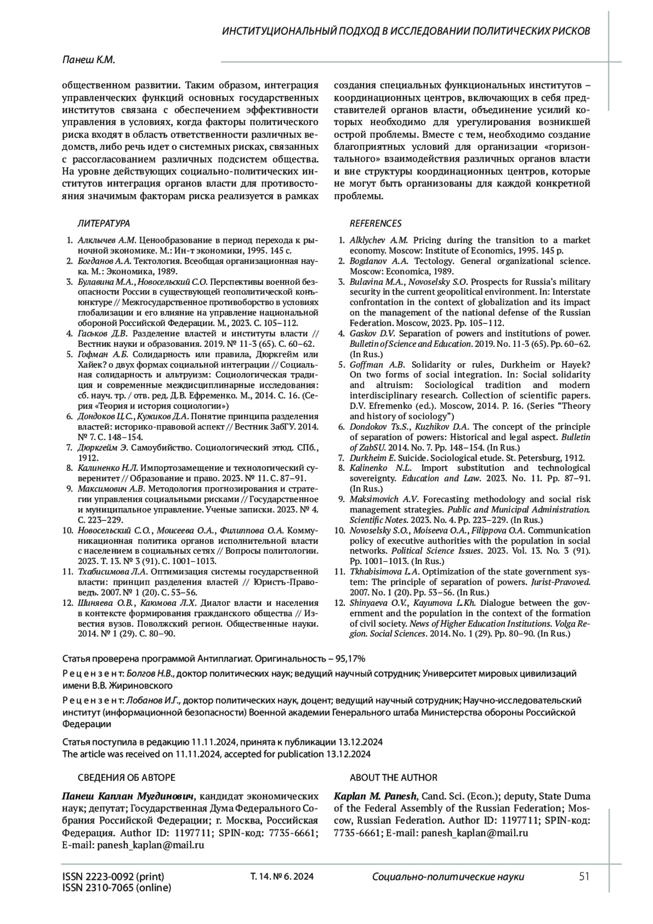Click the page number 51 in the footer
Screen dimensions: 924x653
point(584,877)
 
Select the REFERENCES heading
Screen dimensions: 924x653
point(375,223)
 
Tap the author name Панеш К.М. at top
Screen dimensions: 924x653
point(89,61)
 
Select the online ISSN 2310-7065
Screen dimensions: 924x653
point(116,888)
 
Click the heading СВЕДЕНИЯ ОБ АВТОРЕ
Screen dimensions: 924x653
point(127,778)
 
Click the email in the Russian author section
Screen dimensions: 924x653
point(150,845)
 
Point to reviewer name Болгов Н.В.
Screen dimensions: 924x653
point(151,674)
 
